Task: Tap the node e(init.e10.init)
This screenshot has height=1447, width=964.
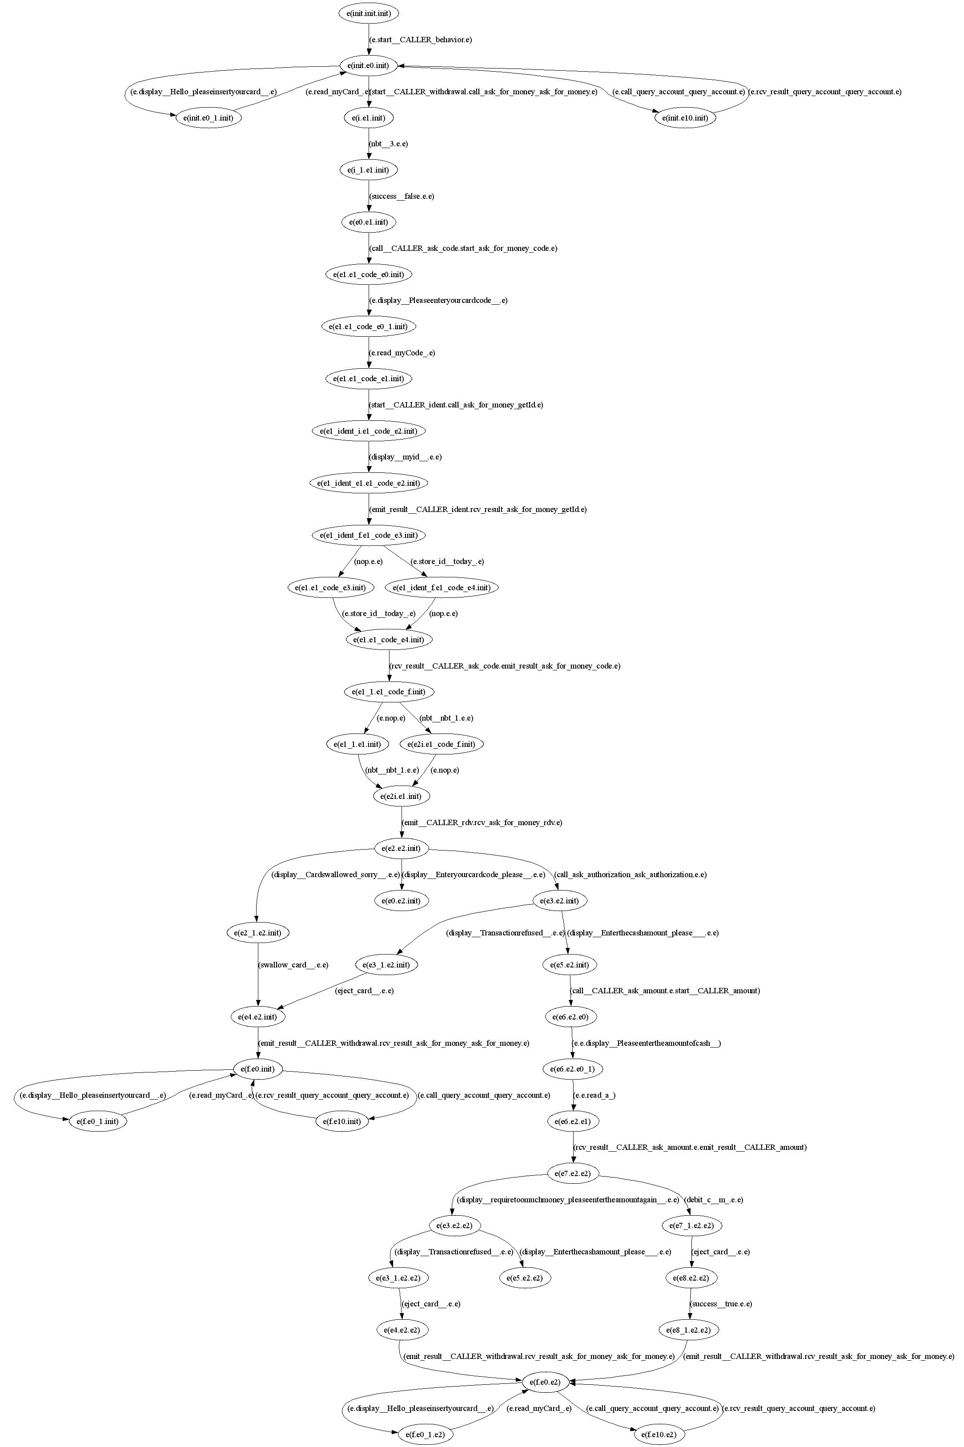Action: coord(685,117)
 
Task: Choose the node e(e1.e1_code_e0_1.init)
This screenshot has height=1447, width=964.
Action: coord(368,326)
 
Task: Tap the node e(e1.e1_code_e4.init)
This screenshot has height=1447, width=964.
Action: coord(389,640)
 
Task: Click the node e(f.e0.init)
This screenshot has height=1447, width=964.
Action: coord(257,1069)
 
